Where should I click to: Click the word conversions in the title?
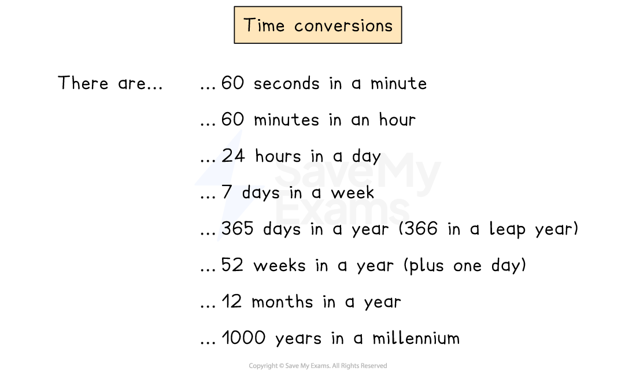coord(343,26)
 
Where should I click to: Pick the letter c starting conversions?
coord(298,27)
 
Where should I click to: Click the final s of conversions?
coord(389,27)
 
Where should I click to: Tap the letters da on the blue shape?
coord(251,194)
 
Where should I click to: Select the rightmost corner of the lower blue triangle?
coord(264,186)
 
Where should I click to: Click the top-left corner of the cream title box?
coord(235,8)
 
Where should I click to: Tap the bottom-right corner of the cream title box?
coord(400,42)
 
